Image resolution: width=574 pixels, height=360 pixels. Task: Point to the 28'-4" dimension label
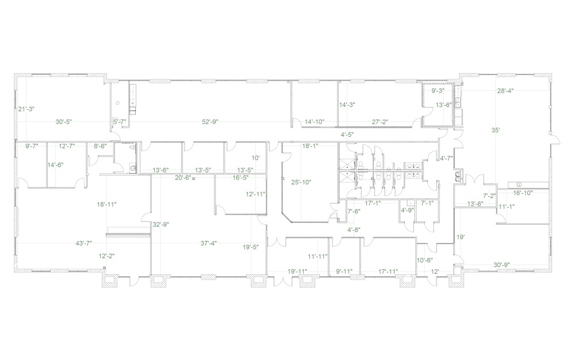tap(506, 90)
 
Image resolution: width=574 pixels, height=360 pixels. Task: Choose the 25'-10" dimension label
tap(302, 182)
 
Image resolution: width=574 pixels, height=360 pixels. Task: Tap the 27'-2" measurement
tap(380, 121)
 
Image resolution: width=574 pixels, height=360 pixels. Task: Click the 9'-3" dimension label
tap(437, 90)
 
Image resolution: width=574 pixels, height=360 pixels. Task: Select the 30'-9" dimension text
tap(502, 265)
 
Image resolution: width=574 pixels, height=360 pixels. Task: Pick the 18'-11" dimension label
tap(107, 204)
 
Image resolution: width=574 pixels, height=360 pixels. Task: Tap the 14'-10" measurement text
tap(315, 121)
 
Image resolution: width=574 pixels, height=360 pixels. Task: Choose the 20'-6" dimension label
tap(183, 178)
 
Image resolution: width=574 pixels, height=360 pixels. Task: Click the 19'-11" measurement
tap(297, 271)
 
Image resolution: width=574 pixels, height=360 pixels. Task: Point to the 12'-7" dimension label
tap(67, 146)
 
